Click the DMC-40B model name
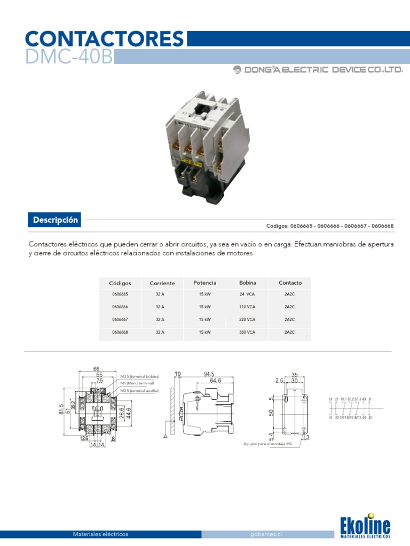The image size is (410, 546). [x=69, y=57]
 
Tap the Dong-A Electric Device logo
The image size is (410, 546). [x=318, y=70]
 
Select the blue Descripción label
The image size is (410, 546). [x=56, y=220]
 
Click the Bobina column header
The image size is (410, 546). [x=248, y=283]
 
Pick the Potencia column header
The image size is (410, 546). [x=204, y=283]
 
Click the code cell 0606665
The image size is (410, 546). [x=120, y=294]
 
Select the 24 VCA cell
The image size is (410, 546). [x=248, y=294]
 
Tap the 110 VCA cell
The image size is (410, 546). [x=248, y=307]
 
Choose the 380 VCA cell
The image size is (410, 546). [x=248, y=332]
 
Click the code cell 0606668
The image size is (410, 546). [x=120, y=332]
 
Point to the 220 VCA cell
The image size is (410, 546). [x=248, y=319]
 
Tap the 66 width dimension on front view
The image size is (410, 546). [x=97, y=368]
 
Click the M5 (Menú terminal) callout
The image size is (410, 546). [x=137, y=383]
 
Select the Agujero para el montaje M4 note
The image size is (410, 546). [x=267, y=444]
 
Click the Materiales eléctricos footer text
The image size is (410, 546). [x=100, y=534]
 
